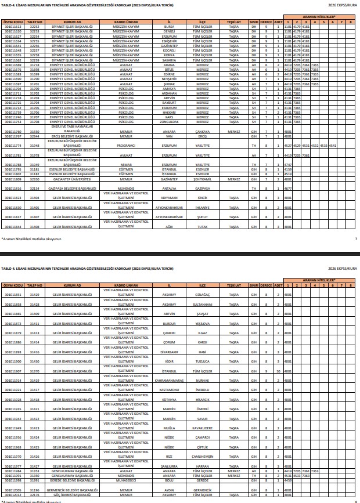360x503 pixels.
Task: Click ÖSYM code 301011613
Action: [x=13, y=27]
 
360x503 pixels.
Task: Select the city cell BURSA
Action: [x=170, y=27]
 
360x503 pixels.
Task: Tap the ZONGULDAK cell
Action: [x=170, y=122]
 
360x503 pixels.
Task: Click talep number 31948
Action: [x=34, y=146]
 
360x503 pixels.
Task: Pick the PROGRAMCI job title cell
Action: [x=126, y=146]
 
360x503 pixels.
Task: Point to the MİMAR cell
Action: [x=126, y=165]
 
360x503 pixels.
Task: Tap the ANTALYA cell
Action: [x=170, y=189]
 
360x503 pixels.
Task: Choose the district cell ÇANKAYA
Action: [x=203, y=132]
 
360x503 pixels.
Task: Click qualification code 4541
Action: [x=332, y=146]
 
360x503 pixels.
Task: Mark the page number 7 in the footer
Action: [x=355, y=238]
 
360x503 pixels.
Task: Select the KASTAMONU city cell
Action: [x=170, y=390]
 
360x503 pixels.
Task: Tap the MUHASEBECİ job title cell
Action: [x=126, y=480]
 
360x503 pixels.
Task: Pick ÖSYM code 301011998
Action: [x=13, y=480]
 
